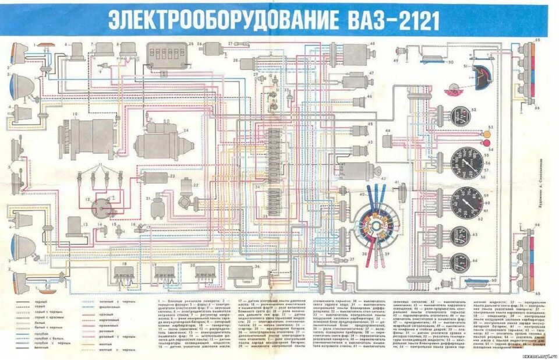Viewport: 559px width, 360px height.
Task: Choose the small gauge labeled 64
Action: point(460,263)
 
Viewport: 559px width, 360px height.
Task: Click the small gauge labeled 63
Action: point(460,235)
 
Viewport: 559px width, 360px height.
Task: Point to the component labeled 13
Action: point(76,226)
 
